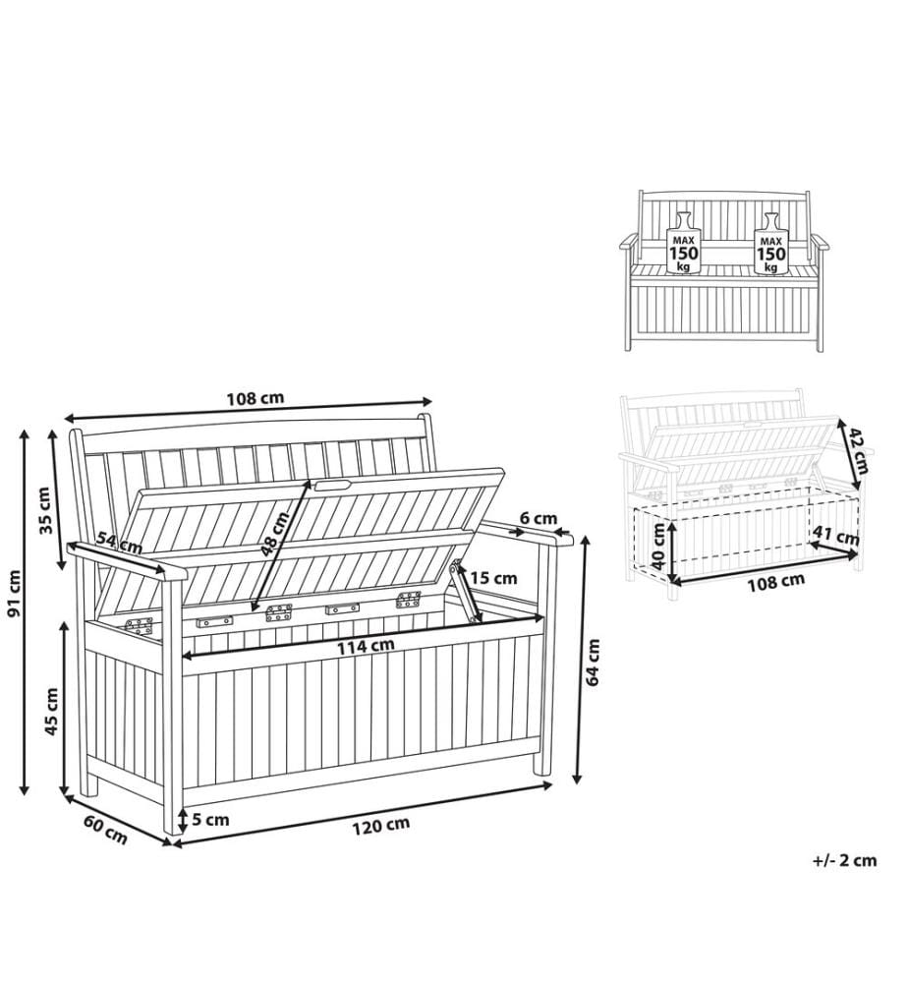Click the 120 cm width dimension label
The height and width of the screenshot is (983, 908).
pyautogui.click(x=380, y=826)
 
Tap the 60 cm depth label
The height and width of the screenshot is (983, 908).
pyautogui.click(x=105, y=830)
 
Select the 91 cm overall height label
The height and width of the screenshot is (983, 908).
pyautogui.click(x=14, y=593)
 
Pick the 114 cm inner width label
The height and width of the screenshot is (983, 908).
pyautogui.click(x=366, y=646)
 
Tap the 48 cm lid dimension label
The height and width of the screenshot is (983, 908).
pyautogui.click(x=275, y=534)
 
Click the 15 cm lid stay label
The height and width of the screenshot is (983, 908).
pyautogui.click(x=493, y=577)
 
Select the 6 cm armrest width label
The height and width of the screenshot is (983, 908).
pyautogui.click(x=539, y=518)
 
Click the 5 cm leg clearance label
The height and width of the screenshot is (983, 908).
pyautogui.click(x=210, y=820)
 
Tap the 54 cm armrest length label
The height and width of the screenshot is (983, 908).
pyautogui.click(x=119, y=543)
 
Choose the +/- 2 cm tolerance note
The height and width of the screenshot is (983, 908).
pyautogui.click(x=845, y=860)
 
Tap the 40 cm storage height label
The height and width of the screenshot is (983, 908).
pyautogui.click(x=658, y=546)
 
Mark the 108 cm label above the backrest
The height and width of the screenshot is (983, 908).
pyautogui.click(x=255, y=397)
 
